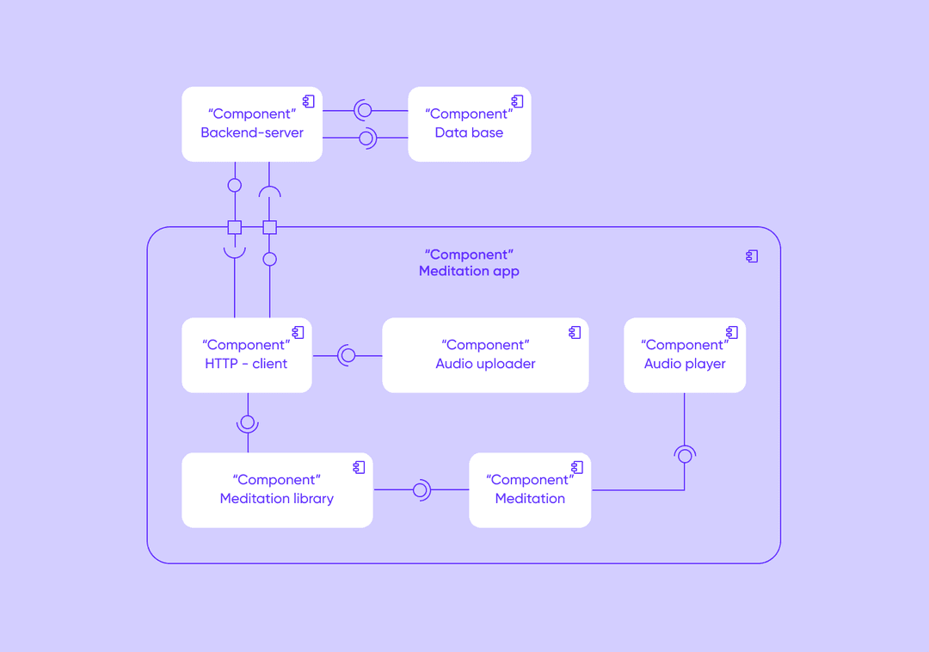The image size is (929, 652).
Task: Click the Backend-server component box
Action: click(x=252, y=125)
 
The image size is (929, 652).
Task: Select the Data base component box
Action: click(x=470, y=125)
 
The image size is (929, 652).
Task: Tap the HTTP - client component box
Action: click(x=247, y=355)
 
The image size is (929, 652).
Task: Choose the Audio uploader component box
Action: click(x=485, y=355)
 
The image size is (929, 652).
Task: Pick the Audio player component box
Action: click(x=685, y=355)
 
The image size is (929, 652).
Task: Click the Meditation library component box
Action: click(x=277, y=490)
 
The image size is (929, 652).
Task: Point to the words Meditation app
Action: click(x=470, y=271)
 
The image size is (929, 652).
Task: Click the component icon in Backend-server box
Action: click(x=309, y=101)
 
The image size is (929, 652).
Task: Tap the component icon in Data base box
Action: click(x=517, y=101)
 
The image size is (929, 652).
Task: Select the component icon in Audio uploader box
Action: click(x=575, y=332)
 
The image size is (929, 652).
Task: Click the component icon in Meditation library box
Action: click(x=359, y=467)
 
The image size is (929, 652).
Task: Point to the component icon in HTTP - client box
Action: click(x=298, y=332)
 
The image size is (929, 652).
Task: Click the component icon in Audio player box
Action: click(x=732, y=332)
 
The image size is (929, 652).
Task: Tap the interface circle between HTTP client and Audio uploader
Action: click(x=348, y=355)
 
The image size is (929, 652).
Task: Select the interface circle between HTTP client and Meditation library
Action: click(x=248, y=423)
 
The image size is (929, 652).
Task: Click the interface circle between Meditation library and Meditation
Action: click(x=420, y=489)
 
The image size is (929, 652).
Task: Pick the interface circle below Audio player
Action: click(x=685, y=455)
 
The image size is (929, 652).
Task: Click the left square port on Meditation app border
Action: click(x=235, y=227)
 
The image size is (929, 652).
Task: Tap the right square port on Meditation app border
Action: click(x=269, y=227)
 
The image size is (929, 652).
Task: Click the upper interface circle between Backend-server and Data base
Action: click(x=365, y=110)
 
